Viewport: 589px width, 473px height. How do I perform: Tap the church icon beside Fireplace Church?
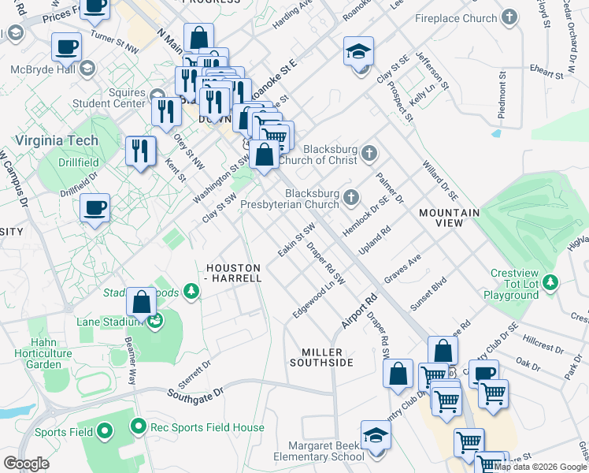tap(510, 17)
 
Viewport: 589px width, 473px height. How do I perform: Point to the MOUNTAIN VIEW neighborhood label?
tap(449, 218)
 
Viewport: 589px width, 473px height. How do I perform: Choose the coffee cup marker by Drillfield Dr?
tap(94, 208)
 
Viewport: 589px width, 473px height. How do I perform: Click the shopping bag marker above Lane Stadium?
tap(141, 301)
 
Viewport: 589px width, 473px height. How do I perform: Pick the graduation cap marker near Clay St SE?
tap(359, 51)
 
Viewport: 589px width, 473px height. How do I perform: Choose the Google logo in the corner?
tap(27, 464)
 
